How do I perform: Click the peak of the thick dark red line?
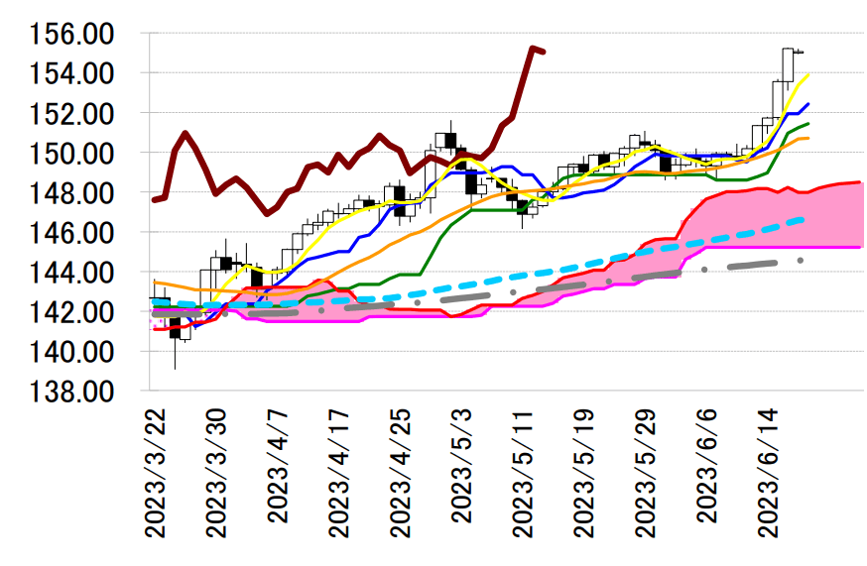click(x=533, y=47)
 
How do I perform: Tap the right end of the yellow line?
click(x=808, y=73)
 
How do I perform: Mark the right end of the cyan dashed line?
click(x=804, y=218)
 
